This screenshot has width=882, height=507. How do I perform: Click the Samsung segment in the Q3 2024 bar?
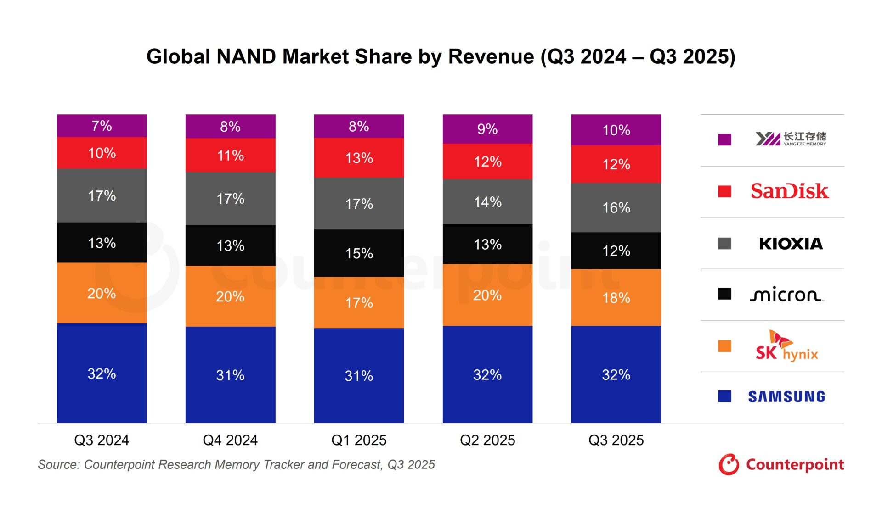102,373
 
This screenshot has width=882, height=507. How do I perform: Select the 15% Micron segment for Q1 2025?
359,253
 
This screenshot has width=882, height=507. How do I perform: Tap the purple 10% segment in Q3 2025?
616,130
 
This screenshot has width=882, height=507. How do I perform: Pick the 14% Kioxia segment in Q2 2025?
487,202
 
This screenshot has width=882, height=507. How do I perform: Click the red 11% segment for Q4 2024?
230,155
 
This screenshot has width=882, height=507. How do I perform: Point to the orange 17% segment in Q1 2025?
359,302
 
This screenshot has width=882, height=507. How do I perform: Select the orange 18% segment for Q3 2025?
616,298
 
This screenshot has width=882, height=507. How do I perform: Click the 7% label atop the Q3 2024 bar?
102,126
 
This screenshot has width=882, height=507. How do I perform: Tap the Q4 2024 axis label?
230,440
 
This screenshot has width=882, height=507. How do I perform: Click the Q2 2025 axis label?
487,440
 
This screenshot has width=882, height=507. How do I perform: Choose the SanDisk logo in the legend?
789,191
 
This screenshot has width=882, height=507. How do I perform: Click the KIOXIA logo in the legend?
791,243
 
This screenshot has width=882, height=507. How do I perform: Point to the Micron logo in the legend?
786,295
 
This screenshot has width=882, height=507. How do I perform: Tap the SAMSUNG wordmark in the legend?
786,396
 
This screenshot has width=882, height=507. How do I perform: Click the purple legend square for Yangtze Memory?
724,139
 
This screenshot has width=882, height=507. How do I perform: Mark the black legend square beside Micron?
724,294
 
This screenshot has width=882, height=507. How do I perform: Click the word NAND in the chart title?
246,57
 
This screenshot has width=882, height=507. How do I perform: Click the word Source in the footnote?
57,465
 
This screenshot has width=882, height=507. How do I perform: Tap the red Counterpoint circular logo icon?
729,464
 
